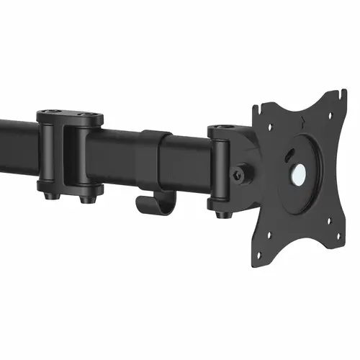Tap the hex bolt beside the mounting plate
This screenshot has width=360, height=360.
coord(243,174)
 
